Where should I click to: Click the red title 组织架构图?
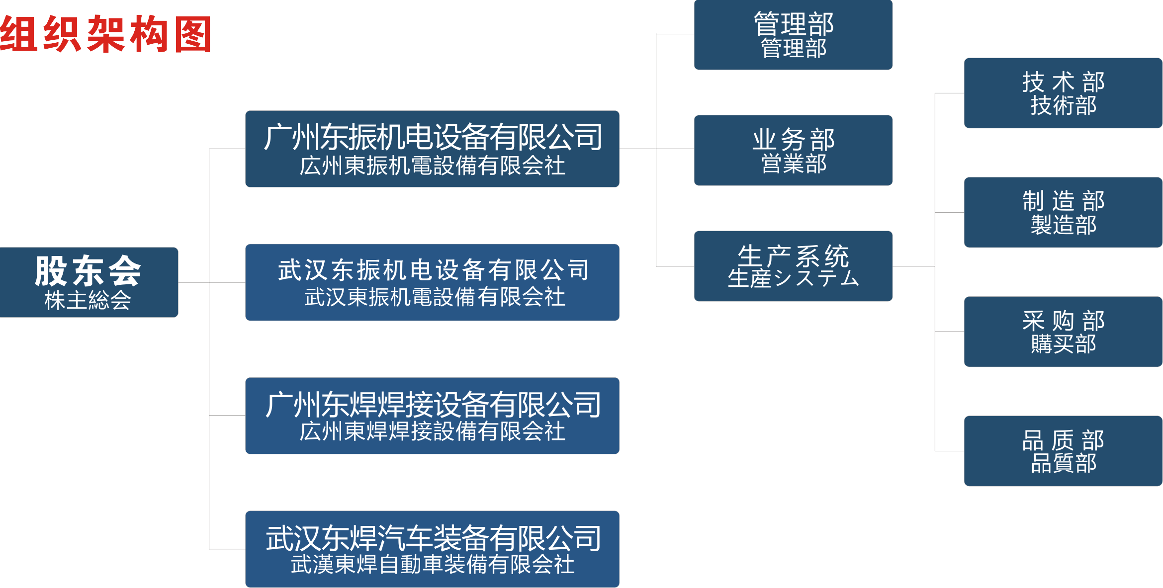click(x=106, y=34)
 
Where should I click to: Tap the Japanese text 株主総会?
click(x=88, y=300)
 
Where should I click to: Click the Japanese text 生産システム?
click(x=793, y=278)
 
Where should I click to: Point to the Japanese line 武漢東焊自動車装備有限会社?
click(x=432, y=565)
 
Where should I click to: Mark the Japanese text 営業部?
click(x=794, y=164)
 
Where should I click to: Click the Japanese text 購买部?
click(x=1063, y=344)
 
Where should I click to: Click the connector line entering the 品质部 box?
click(x=949, y=451)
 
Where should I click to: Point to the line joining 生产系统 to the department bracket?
click(x=913, y=266)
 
